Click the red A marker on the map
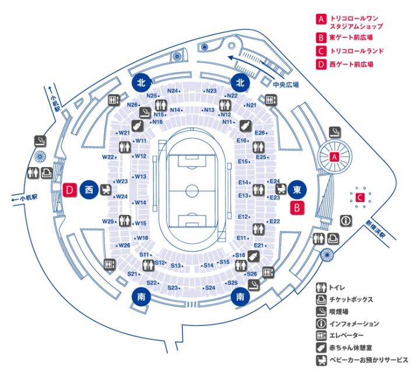(x=335, y=156)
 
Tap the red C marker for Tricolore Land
(x=360, y=198)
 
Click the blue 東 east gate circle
(x=297, y=189)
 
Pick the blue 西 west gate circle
(x=89, y=189)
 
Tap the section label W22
(x=108, y=157)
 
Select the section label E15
(x=244, y=161)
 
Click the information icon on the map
(x=346, y=221)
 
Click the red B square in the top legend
(x=320, y=38)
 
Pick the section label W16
(x=142, y=238)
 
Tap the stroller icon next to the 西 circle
(x=106, y=189)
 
